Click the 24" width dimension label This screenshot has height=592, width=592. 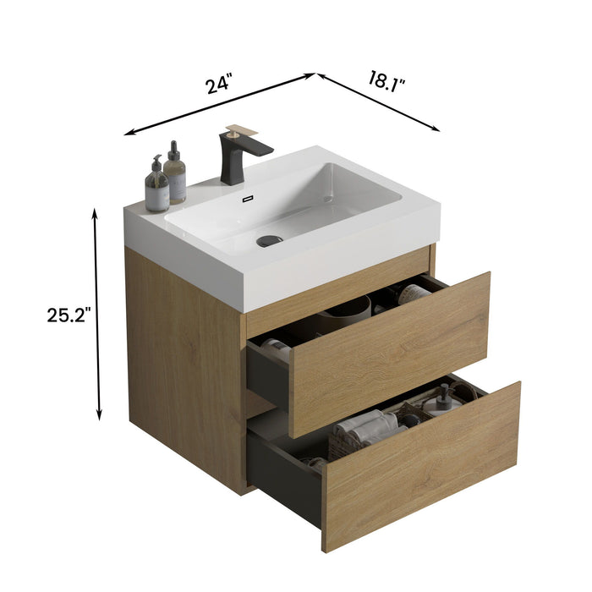218,85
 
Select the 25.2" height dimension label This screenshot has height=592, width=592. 69,315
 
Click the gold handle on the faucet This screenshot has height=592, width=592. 240,131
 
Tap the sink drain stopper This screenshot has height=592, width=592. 269,240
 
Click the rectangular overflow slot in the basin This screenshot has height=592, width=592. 248,200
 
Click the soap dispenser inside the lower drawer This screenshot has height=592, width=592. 442,397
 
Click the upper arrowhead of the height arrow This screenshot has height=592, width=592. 98,214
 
